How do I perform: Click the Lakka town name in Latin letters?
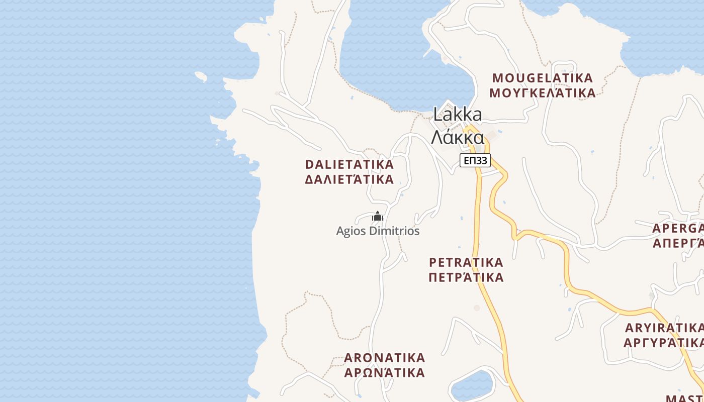coord(457,115)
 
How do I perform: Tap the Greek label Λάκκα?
coord(458,137)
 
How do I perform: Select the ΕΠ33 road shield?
coord(475,160)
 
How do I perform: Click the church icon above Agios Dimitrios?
coord(378,217)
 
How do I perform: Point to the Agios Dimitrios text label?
coord(378,231)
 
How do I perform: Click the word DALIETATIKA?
coord(349,164)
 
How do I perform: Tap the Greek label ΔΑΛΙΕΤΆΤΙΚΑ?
coord(349,179)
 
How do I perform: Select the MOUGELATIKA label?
coord(543,78)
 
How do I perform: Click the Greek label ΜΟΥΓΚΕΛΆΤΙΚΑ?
coord(543,93)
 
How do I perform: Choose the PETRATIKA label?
coord(466,262)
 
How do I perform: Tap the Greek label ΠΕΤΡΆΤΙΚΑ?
coord(466,277)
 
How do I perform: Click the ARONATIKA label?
coord(385,358)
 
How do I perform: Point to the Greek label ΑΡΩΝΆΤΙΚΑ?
coord(385,373)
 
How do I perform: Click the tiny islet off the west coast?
coord(201,76)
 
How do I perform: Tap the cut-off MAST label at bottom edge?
coord(684,398)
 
